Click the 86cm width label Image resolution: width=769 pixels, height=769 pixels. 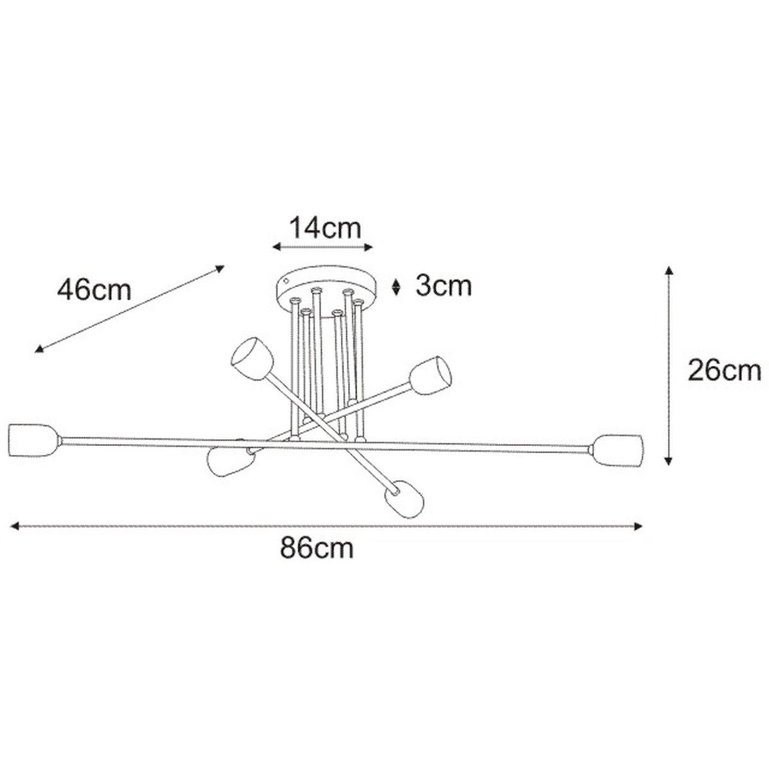(x=317, y=549)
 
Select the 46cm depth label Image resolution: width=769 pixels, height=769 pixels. (x=94, y=290)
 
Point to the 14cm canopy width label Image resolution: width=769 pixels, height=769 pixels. (x=325, y=228)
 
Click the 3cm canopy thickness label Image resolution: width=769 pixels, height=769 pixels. (x=443, y=286)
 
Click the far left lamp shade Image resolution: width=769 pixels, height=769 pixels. (x=35, y=441)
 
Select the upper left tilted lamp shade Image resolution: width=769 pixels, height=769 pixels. (x=252, y=359)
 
